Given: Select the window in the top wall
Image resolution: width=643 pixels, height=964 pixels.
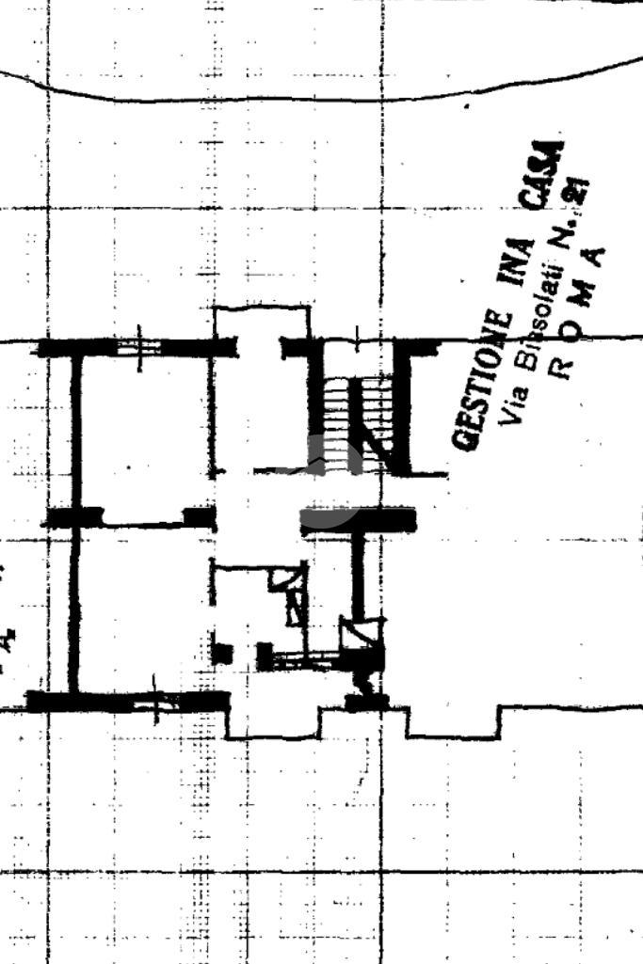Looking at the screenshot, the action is (139, 347).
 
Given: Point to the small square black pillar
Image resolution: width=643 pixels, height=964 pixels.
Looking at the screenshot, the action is (222, 653).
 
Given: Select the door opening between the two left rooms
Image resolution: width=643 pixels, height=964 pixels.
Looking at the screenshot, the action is (143, 520).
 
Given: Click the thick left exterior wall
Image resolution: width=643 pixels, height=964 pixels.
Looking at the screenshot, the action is (75, 517).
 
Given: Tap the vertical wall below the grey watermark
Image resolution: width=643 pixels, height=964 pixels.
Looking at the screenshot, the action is (357, 574).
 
